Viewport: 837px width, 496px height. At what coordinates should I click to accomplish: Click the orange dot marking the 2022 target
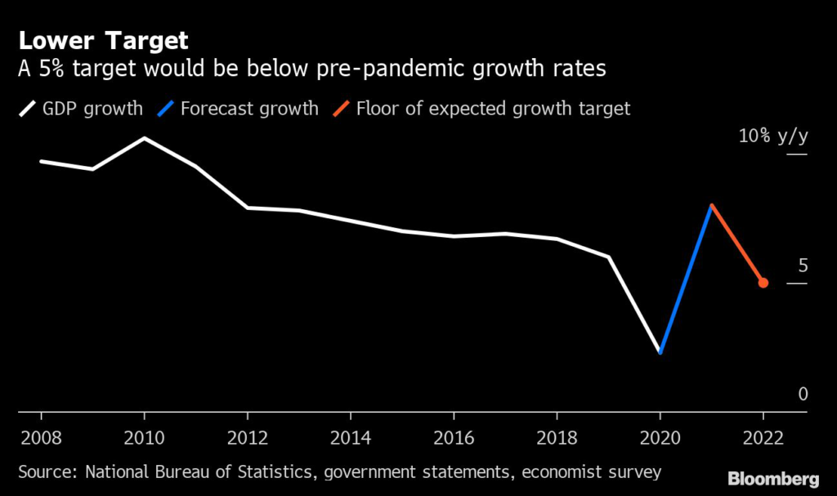(x=763, y=283)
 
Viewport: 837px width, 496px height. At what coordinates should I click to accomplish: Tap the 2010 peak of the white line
(x=145, y=138)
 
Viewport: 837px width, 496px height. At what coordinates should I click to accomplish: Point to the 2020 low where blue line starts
(x=660, y=352)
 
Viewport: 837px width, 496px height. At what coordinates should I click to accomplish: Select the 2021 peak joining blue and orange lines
(x=712, y=206)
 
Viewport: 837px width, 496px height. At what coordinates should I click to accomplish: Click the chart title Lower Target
(x=104, y=41)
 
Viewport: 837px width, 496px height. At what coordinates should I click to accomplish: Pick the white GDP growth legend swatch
(x=27, y=109)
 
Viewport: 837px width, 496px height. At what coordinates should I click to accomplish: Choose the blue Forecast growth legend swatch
(x=165, y=109)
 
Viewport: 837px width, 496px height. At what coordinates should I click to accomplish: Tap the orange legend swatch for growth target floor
(x=341, y=109)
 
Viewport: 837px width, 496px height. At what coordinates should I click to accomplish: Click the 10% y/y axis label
(x=773, y=136)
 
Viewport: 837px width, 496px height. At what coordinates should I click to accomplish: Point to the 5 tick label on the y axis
(x=803, y=266)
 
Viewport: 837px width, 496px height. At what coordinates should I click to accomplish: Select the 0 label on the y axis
(x=803, y=394)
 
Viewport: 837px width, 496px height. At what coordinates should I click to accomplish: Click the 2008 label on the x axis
(x=41, y=438)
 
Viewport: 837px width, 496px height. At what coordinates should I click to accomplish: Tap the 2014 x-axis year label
(x=351, y=438)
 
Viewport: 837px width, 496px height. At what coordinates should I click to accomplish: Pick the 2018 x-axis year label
(x=557, y=438)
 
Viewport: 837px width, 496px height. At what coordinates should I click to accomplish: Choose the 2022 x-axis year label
(x=763, y=438)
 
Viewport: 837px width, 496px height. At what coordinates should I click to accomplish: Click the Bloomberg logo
(x=773, y=479)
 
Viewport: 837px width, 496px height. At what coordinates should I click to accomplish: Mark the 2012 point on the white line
(x=248, y=208)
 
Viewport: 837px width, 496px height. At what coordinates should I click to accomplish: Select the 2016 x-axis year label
(x=454, y=438)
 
